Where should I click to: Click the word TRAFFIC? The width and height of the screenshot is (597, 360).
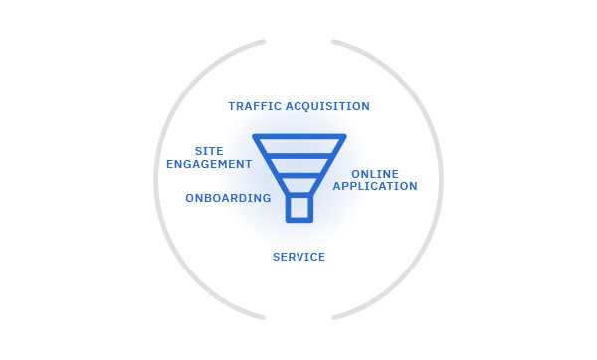click(x=255, y=106)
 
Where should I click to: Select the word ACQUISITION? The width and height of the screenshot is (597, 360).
click(x=327, y=106)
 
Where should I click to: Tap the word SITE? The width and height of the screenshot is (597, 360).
click(x=209, y=151)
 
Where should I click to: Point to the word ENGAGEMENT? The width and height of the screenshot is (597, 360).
click(x=209, y=164)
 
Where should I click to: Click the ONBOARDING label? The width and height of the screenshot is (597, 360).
click(x=228, y=198)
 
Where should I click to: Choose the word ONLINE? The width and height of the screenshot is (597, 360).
click(x=375, y=174)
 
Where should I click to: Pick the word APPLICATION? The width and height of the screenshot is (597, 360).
click(x=375, y=186)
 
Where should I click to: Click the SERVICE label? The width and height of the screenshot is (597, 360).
click(x=298, y=257)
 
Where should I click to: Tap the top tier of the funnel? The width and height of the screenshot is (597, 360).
click(x=299, y=146)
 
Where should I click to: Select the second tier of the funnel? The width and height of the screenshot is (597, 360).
click(x=299, y=166)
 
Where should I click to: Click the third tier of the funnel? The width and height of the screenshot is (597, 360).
click(x=299, y=185)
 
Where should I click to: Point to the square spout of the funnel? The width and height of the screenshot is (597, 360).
click(x=299, y=208)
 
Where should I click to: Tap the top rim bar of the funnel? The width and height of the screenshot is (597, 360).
click(x=299, y=136)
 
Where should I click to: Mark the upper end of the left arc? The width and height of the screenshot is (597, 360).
click(x=264, y=41)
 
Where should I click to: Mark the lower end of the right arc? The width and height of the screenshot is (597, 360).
click(x=334, y=318)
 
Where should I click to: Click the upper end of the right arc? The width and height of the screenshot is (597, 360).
click(x=334, y=41)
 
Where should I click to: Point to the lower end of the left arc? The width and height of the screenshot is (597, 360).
click(x=264, y=318)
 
